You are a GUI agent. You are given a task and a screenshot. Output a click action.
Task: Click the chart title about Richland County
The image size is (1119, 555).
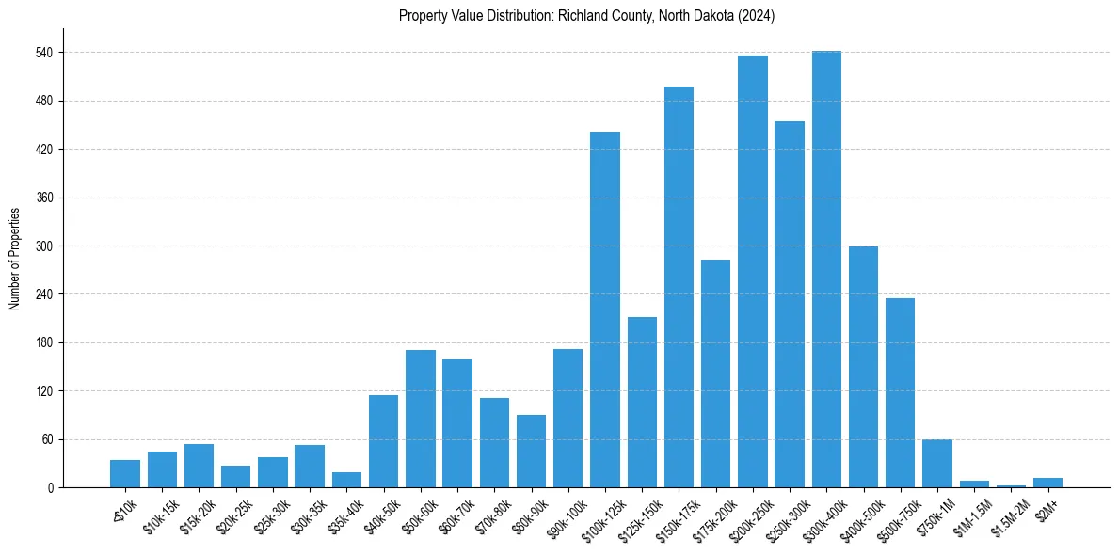pos(586,16)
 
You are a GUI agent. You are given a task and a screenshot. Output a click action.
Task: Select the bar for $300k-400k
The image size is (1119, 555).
pos(826,269)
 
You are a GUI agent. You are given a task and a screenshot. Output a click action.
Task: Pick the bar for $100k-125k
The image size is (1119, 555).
pos(605,309)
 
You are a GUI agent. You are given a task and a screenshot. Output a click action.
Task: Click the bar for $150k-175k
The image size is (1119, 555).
pos(679,287)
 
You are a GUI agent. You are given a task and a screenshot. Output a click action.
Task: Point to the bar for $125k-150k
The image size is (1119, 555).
pos(642,402)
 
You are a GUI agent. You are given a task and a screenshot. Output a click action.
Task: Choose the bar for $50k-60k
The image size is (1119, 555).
pos(421,419)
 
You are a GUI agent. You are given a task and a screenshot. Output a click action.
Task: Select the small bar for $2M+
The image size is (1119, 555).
pos(1047,483)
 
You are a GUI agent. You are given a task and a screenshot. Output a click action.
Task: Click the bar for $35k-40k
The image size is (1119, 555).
pos(346,480)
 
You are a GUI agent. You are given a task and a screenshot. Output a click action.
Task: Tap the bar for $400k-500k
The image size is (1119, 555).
pos(863,367)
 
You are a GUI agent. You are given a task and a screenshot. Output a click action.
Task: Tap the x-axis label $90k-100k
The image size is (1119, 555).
pos(564,513)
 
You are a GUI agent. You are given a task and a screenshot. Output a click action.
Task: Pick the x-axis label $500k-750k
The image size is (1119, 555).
pos(895,515)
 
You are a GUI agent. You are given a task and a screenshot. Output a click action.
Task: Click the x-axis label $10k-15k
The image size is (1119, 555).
pos(159,513)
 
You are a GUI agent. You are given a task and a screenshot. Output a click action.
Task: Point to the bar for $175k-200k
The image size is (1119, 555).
pos(715,373)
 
